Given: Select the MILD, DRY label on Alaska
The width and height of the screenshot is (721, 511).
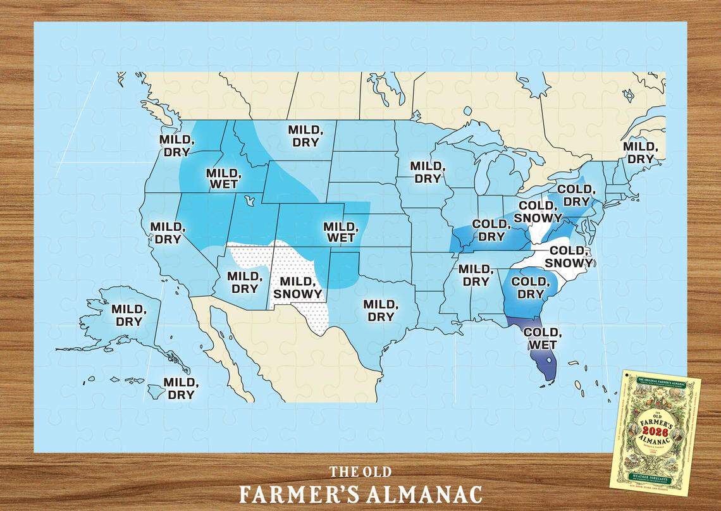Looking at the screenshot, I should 129,316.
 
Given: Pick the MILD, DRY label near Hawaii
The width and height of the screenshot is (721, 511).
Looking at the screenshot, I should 181,388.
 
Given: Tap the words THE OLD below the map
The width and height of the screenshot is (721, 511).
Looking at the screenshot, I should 360,472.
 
